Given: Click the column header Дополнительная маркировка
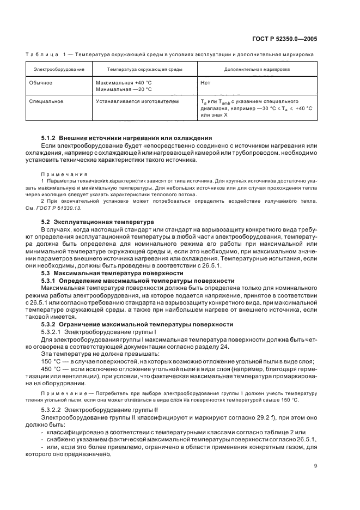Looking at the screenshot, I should (257, 70).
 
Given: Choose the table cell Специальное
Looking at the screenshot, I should (48, 101).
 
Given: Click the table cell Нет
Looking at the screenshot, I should (205, 82).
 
